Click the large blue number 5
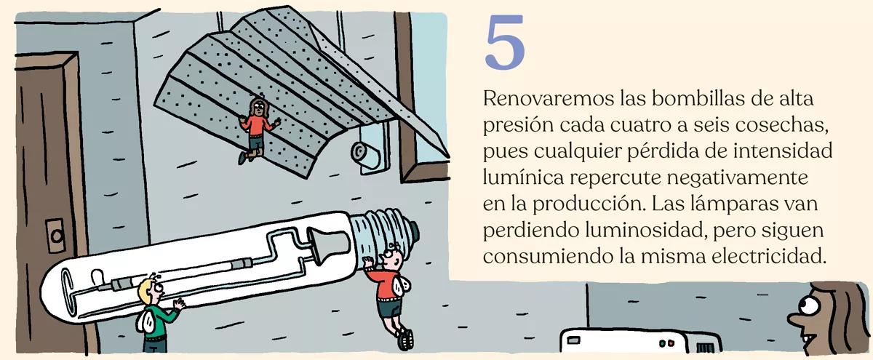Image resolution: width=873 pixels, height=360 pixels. tap(504, 43)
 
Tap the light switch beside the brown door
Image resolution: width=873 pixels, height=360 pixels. tap(55, 233)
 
